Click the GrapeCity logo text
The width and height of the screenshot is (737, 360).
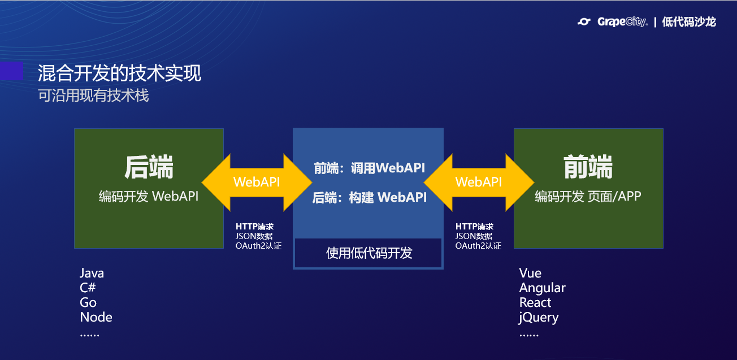[x=622, y=21]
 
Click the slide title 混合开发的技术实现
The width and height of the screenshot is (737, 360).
[x=119, y=73]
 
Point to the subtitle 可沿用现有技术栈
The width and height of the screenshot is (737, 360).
[x=93, y=96]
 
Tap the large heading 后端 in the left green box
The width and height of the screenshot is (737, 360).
[x=149, y=167]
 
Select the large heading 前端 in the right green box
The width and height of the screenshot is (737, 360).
[x=588, y=167]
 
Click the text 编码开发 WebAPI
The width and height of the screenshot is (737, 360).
[x=149, y=197]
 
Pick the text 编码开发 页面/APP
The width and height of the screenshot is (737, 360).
[x=588, y=197]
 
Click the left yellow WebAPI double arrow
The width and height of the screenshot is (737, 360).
[x=257, y=183]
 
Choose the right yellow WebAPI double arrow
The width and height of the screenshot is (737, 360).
[x=479, y=183]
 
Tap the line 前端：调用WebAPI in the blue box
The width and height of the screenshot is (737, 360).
[x=369, y=168]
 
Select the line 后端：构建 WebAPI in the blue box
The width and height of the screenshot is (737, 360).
[x=369, y=197]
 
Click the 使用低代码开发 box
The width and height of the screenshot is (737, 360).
[x=368, y=253]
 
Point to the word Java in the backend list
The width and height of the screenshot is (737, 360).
[x=92, y=273]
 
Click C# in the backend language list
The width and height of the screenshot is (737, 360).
[x=88, y=288]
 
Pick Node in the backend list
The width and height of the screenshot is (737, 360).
[x=96, y=317]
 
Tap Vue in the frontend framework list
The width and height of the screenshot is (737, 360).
[x=530, y=273]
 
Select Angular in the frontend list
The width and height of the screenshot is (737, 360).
[x=542, y=288]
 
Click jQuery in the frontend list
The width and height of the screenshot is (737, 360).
[x=539, y=318]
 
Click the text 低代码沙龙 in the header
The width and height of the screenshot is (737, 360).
[x=689, y=22]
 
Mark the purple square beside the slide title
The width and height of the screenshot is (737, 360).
[x=11, y=71]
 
